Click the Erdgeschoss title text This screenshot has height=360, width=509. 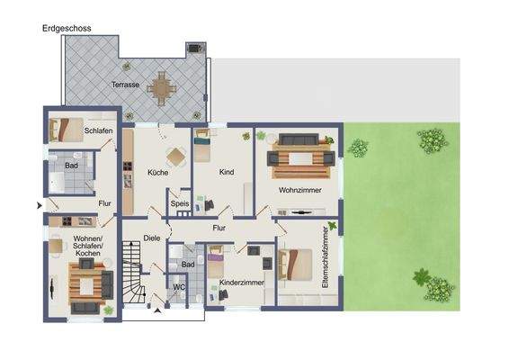click(x=66, y=29)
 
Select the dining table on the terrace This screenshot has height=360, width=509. click(x=163, y=88)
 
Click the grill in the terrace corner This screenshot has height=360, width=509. click(x=194, y=48)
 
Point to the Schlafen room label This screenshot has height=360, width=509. click(x=98, y=131)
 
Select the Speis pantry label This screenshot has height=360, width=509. click(x=181, y=204)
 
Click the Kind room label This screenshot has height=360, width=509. click(x=227, y=171)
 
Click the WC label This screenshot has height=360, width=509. click(x=178, y=289)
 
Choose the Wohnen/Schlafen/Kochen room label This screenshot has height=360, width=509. click(x=88, y=246)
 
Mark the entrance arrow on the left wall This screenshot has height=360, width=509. click(x=39, y=206)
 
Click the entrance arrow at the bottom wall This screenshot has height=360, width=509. click(x=158, y=311)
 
